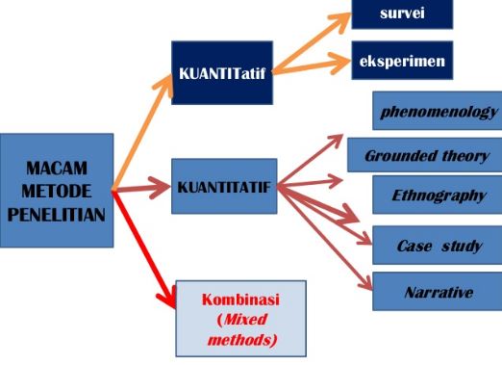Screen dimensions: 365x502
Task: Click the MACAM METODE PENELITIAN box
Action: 56,191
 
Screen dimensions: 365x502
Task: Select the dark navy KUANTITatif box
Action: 220,73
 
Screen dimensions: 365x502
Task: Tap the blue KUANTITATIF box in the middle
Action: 224,186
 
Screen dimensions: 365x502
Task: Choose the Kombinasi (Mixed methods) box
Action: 240,318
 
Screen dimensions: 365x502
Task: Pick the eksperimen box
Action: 400,60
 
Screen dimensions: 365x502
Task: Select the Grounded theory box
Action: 426,156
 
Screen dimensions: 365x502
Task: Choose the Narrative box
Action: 439,292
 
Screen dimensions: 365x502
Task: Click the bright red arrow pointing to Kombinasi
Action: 144,246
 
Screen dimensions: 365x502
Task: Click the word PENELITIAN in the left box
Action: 56,214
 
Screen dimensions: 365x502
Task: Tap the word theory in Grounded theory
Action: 460,156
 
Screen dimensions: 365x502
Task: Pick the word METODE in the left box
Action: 56,191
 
